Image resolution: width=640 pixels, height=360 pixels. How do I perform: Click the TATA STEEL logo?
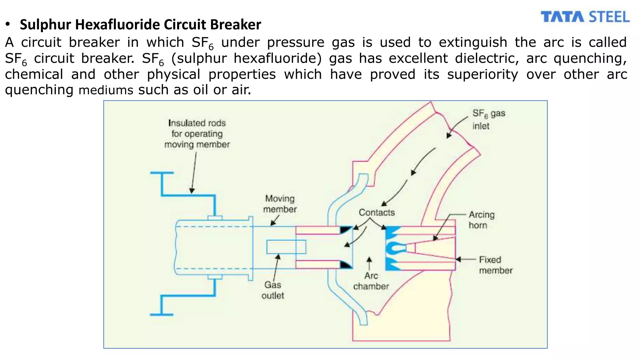coord(585,17)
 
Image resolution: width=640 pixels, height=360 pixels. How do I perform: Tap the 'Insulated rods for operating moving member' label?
coord(197,134)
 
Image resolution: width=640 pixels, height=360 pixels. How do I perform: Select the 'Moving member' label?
coord(280,204)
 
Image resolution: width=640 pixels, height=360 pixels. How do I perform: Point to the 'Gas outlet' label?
coord(272,290)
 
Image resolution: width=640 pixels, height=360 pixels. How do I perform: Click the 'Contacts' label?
coord(377,212)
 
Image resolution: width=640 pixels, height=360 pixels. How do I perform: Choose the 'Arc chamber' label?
coord(371,281)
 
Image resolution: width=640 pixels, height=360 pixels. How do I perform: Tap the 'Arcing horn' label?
coord(482,220)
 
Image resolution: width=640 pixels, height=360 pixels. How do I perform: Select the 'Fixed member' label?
coord(495,265)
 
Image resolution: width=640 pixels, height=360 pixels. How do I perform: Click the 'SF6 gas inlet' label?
coord(488,120)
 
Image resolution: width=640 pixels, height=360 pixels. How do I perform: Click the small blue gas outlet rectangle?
coord(286,247)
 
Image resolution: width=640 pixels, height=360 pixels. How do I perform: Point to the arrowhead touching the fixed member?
coord(458,259)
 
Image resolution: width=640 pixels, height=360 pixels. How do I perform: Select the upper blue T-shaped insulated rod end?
coord(162,173)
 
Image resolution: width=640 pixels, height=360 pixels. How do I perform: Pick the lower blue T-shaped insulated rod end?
coord(162,314)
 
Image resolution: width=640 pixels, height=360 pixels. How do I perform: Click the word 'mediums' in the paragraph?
coord(106,91)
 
